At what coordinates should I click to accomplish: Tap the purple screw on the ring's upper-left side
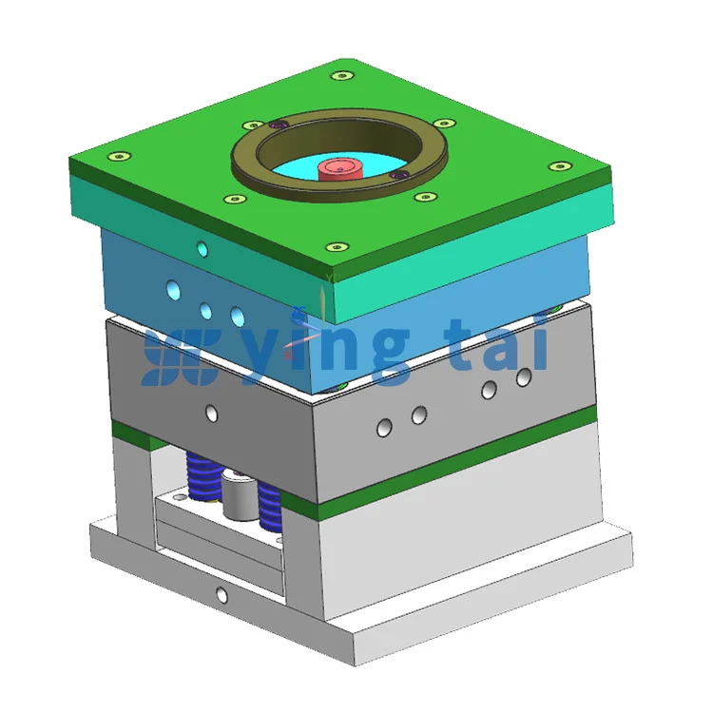(279, 124)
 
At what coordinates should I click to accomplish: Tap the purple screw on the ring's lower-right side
(399, 174)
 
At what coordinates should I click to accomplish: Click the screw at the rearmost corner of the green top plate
(342, 75)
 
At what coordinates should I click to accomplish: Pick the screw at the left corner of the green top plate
(120, 157)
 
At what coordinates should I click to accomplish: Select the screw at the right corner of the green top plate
(560, 166)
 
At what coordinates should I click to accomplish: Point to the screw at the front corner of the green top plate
(337, 247)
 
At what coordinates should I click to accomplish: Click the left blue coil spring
(202, 476)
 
